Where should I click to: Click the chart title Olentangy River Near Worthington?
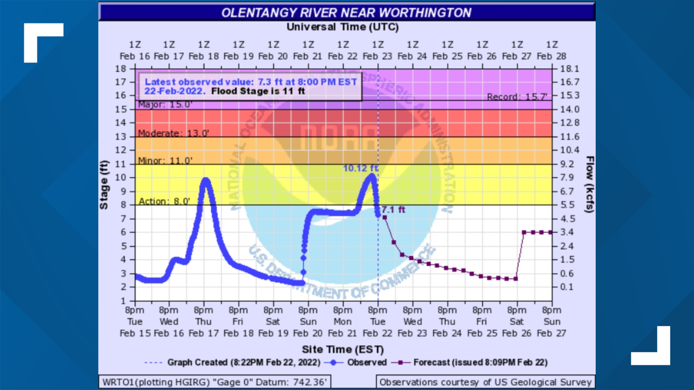tap(346, 13)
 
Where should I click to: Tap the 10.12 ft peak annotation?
tap(360, 168)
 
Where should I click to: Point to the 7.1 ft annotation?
tap(393, 210)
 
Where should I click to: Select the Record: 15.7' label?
tap(517, 97)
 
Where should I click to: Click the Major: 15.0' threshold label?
tap(165, 105)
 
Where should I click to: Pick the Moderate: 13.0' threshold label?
tap(173, 133)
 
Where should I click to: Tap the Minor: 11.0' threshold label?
tap(165, 161)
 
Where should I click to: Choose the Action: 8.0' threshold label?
tap(164, 201)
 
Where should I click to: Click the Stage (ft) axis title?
tap(104, 185)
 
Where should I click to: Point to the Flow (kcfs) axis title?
tap(590, 185)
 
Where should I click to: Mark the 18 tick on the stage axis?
tap(121, 69)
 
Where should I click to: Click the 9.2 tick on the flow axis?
tap(567, 164)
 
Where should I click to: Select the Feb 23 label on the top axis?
tap(377, 56)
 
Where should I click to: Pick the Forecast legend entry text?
tap(480, 362)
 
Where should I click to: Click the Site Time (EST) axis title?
tap(343, 350)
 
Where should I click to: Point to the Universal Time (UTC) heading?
tap(343, 27)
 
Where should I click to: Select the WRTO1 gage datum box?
tap(215, 382)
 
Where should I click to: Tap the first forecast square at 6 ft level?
tap(524, 232)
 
